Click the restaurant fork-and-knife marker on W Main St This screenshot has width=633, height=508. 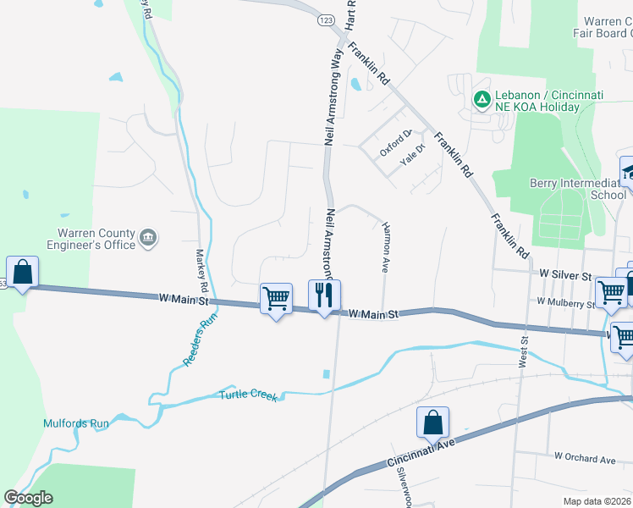pos(324,295)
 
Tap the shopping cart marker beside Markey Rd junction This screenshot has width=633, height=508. pos(276,299)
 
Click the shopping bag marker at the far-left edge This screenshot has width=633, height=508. pos(23,273)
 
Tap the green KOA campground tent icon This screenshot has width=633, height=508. pos(482,100)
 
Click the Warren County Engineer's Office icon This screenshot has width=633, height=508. pos(148,237)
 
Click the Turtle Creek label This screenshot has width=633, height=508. pos(249,395)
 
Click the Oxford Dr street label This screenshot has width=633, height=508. pos(394,142)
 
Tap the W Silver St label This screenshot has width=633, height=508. pos(564,276)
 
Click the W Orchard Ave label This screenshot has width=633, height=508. pos(585,458)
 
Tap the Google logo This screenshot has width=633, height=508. pos(28,498)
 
